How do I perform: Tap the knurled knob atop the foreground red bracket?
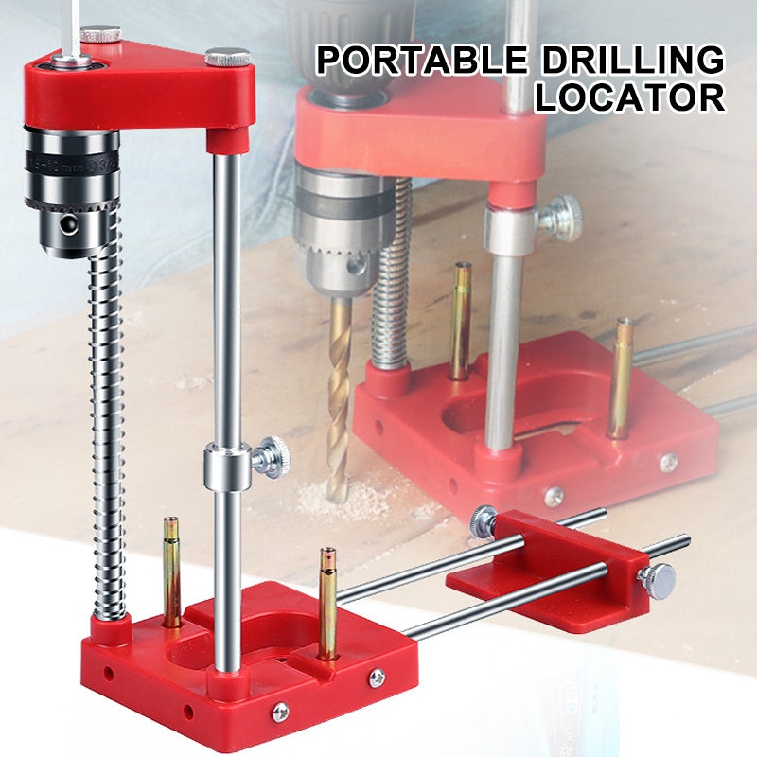pos(227,57)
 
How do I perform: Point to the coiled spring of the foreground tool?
pos(107,426)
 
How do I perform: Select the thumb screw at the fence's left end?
pos(484,522)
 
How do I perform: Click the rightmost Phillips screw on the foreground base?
pos(377,677)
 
